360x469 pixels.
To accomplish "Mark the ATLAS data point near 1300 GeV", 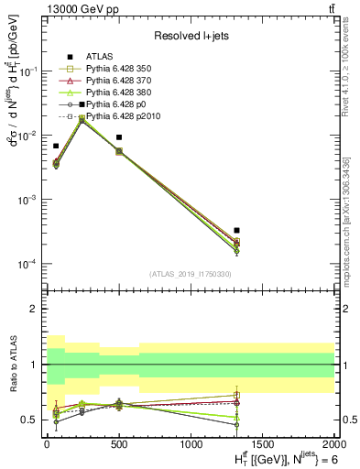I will point(237,230).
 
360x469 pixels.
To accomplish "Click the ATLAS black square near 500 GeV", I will point(119,137).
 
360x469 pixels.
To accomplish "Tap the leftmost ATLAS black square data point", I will point(56,146).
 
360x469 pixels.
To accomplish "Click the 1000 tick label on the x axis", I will point(191,443).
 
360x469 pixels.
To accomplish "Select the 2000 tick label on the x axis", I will point(333,443).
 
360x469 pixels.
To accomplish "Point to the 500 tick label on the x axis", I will point(118,443).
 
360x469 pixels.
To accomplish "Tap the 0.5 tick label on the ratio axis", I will point(30,420).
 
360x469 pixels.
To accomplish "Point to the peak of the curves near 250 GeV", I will point(82,118).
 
